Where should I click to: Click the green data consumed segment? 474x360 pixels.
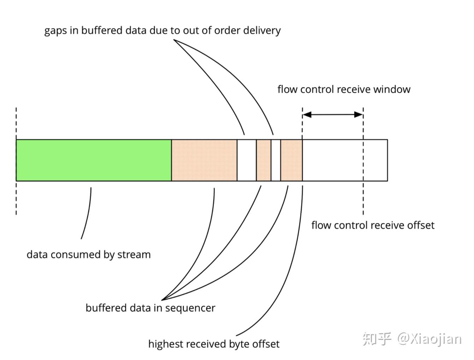[94, 160]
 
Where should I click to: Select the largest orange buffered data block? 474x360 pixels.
[204, 160]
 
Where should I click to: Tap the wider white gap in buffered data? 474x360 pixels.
[247, 160]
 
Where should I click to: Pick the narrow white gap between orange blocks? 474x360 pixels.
[276, 160]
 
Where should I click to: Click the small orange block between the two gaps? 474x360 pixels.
[263, 160]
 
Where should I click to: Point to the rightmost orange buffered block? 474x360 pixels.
[291, 160]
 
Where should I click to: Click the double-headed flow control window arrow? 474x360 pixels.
[333, 114]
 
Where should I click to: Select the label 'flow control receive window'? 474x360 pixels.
[344, 89]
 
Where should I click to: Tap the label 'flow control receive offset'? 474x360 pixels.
[373, 225]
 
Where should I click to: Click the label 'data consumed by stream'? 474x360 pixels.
[89, 254]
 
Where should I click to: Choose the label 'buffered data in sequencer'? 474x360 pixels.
[150, 308]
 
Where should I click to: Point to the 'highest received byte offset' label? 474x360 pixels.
[214, 344]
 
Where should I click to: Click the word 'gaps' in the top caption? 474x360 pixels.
[55, 31]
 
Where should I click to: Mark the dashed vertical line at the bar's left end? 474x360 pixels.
[16, 198]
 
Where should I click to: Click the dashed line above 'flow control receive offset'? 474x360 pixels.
[363, 198]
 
